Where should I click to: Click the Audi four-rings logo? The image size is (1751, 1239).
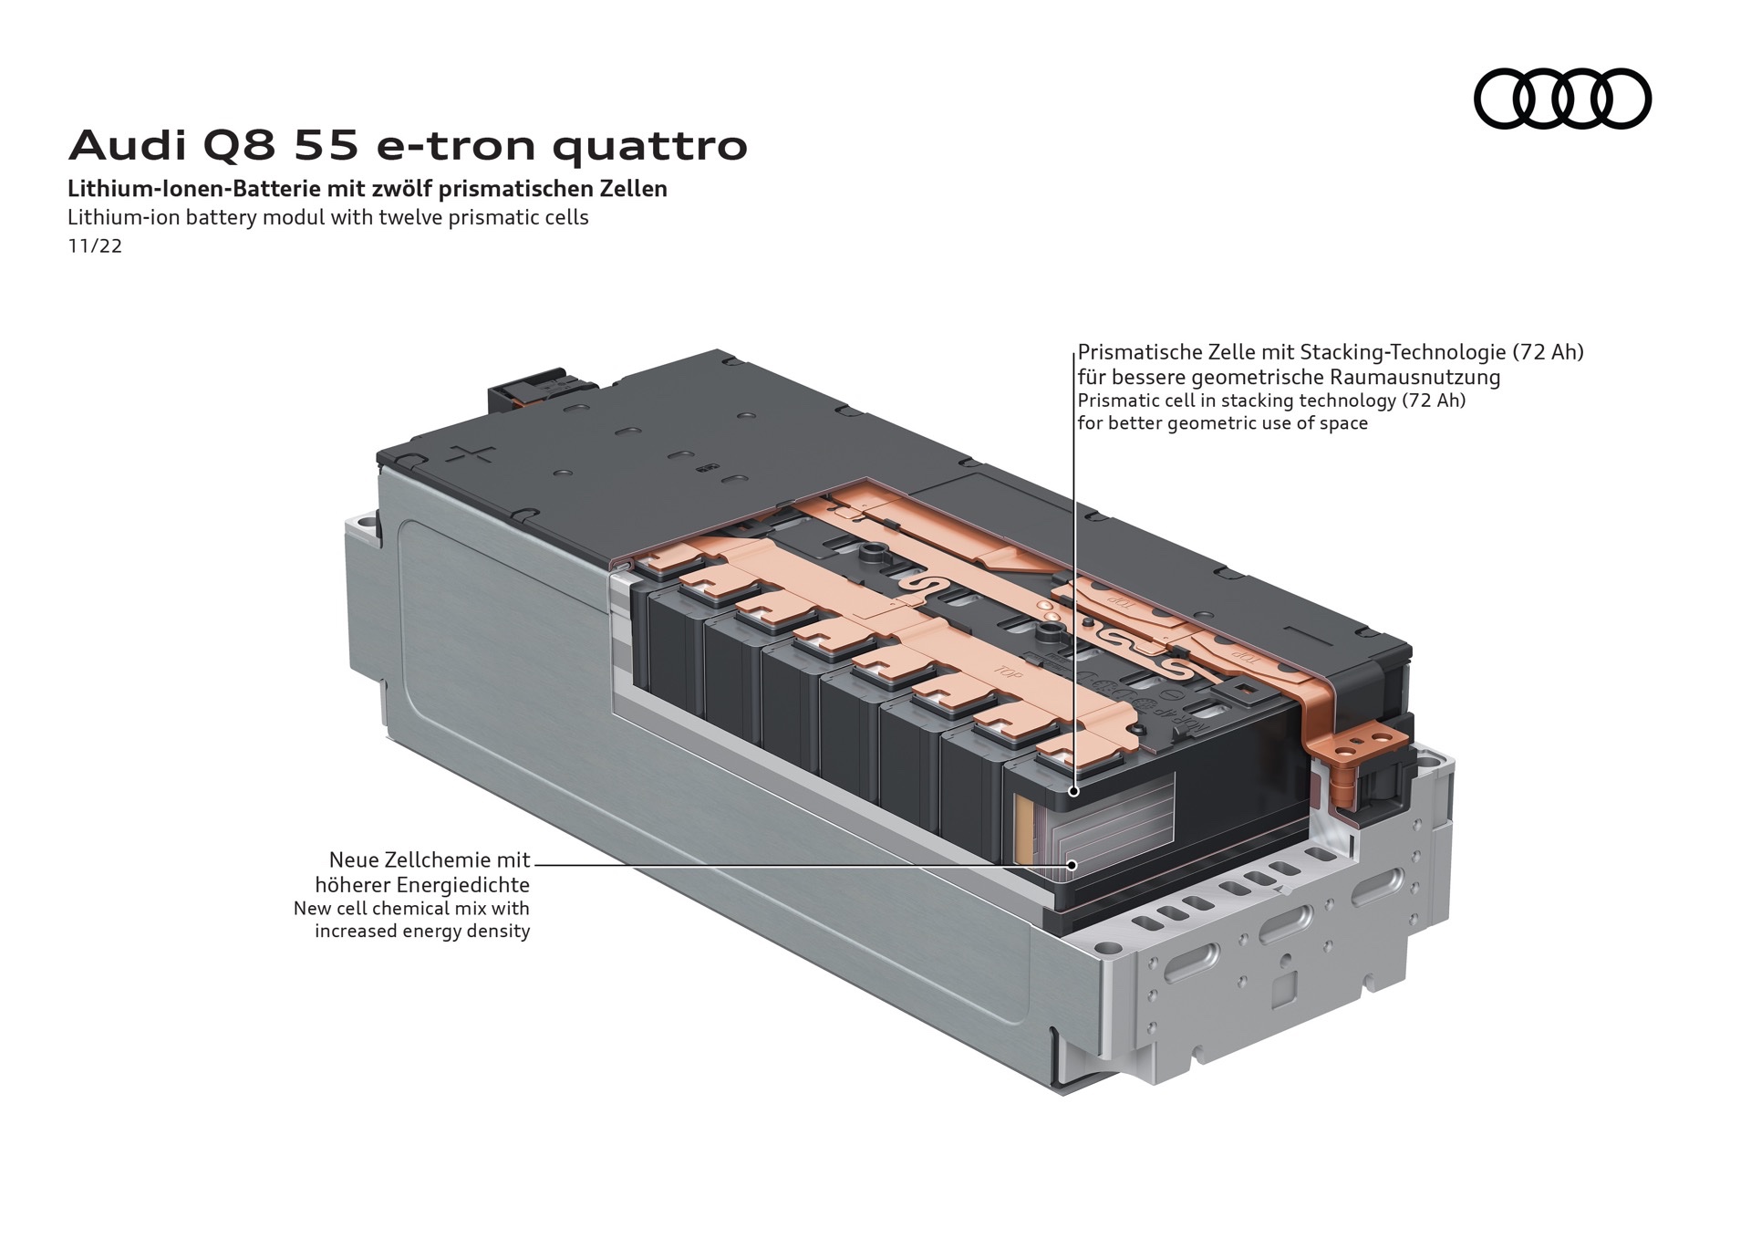coord(1562,98)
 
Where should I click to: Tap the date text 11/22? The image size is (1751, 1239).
coord(95,246)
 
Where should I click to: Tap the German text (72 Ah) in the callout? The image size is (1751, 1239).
coord(1548,352)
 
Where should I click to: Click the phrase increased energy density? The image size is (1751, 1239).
coord(422,932)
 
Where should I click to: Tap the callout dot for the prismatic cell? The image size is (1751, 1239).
coord(1073,791)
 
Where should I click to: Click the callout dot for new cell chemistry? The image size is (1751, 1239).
coord(1072,864)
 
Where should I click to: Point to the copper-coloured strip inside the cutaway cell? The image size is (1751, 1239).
coord(1022,830)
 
